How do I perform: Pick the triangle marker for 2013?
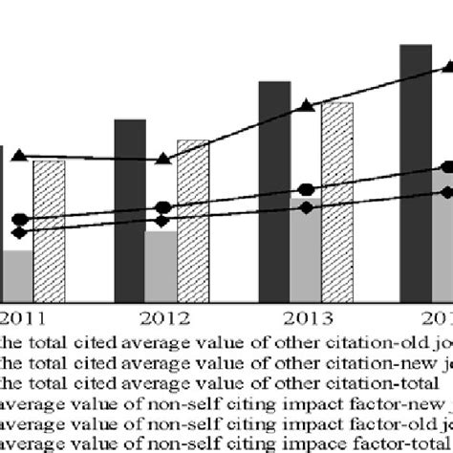pyautogui.click(x=306, y=106)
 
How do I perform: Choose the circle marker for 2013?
pyautogui.click(x=306, y=189)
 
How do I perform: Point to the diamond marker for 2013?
pyautogui.click(x=306, y=207)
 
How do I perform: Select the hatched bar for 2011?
pyautogui.click(x=49, y=229)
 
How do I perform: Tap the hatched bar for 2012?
pyautogui.click(x=193, y=220)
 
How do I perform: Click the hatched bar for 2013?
pyautogui.click(x=336, y=201)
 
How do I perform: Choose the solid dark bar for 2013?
pyautogui.click(x=274, y=191)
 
